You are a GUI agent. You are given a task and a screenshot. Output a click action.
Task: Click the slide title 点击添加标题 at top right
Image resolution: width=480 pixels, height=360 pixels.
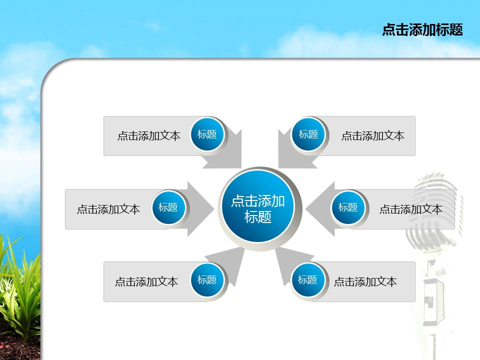tap(422, 30)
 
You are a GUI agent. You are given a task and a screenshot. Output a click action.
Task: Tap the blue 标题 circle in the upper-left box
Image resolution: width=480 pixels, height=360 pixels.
tap(207, 134)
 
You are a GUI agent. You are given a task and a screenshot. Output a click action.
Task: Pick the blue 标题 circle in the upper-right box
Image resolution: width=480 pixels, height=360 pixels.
tap(308, 134)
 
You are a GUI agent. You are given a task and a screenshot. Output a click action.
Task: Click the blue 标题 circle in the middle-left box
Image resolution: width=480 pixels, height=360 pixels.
tap(168, 207)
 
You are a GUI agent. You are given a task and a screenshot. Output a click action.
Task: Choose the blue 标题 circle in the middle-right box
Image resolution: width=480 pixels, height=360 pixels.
tap(348, 207)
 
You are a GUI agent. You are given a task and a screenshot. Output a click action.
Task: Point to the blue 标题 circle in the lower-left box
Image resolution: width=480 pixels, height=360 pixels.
tap(207, 280)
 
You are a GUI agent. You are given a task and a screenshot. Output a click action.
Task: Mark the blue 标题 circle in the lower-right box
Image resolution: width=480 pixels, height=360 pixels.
tap(307, 280)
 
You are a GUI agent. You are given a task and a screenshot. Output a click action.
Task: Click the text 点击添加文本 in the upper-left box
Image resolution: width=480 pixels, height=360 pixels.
tap(148, 135)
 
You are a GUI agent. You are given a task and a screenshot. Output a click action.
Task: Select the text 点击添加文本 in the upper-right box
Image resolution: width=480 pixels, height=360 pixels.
tap(372, 135)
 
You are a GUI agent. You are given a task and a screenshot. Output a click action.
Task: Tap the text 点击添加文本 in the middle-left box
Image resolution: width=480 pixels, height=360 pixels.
tap(108, 209)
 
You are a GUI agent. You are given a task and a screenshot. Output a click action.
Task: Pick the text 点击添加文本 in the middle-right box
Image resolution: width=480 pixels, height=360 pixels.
tap(410, 209)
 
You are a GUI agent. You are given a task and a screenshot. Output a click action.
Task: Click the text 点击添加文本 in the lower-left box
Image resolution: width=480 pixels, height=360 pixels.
tap(146, 282)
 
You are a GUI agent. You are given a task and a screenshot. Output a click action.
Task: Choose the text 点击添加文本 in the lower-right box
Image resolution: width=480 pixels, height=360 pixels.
tap(365, 282)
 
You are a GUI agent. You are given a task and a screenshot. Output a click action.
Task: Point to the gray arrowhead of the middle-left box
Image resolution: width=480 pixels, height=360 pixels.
tap(202, 208)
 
